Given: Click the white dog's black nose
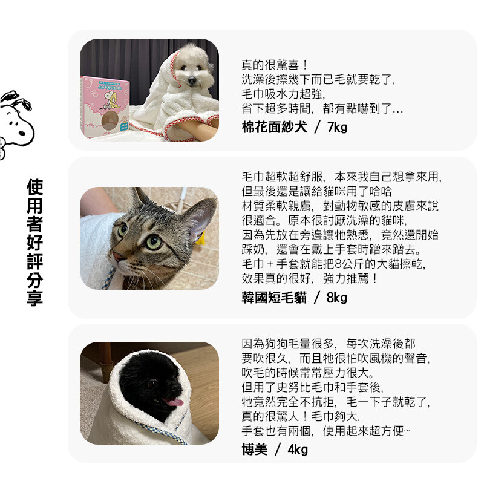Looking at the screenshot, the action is click(x=192, y=81).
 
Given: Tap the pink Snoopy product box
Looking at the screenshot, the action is click(x=105, y=107).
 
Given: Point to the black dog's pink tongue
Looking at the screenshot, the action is click(x=175, y=402).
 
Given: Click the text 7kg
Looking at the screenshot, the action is click(x=338, y=127).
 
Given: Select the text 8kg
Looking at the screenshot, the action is click(x=337, y=298).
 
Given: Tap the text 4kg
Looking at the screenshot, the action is click(x=298, y=450).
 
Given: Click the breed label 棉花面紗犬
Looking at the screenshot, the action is click(x=274, y=127).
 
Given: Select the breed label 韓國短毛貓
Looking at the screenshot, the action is click(x=274, y=298).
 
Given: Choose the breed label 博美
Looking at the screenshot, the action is click(x=255, y=450).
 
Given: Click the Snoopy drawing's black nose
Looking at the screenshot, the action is click(x=22, y=133).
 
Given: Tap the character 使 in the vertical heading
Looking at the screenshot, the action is click(x=35, y=188).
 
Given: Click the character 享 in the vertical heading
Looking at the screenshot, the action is click(x=35, y=298).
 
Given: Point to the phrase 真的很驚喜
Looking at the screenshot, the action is click(x=270, y=65).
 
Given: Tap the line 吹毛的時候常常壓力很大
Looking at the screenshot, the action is click(x=308, y=373).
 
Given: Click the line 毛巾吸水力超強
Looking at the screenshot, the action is click(x=283, y=94).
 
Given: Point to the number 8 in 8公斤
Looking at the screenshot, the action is click(x=338, y=264).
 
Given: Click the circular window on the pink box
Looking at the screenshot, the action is click(x=110, y=120).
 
